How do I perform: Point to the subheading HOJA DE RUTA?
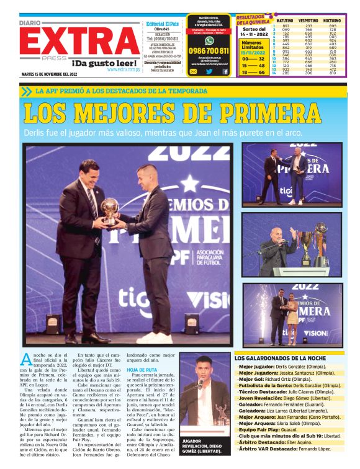(140, 369)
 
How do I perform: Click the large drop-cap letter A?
(27, 359)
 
